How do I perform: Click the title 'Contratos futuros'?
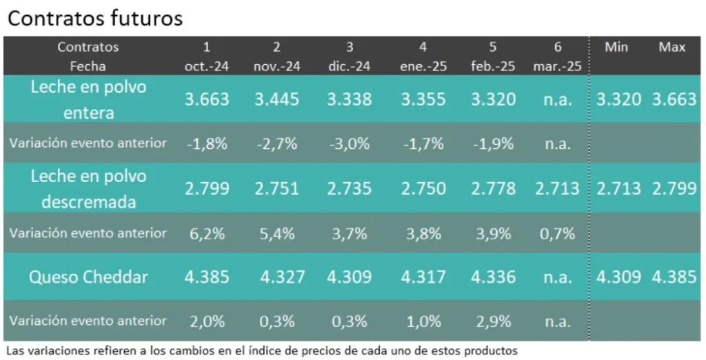95,19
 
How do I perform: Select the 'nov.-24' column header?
276,67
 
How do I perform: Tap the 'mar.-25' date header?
557,67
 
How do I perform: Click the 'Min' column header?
615,47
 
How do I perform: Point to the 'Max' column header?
672,47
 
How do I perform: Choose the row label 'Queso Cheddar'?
88,277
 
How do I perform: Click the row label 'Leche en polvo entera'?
88,99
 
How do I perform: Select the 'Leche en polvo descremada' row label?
88,189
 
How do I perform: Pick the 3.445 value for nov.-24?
276,99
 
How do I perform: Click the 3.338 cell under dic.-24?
349,99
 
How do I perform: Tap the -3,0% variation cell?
349,144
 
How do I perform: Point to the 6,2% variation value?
207,234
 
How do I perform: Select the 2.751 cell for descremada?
276,189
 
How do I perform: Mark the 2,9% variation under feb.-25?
493,321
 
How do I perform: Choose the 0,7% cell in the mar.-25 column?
558,234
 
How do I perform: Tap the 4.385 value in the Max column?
674,277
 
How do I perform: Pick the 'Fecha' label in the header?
88,67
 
